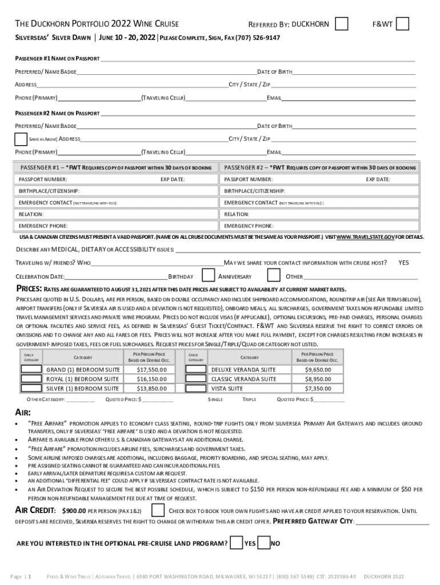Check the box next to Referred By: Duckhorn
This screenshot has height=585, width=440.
[342, 23]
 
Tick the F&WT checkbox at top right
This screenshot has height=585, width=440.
[402, 23]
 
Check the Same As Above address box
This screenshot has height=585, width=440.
[21, 139]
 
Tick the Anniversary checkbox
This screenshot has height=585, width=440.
[274, 276]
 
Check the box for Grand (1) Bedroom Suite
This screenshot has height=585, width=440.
[31, 370]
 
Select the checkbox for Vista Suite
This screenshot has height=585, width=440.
[196, 388]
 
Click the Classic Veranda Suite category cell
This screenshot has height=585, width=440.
[243, 379]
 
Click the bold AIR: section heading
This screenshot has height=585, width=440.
[22, 412]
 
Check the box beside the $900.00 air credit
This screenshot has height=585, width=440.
[157, 510]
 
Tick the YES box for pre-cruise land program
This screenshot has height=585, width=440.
[236, 543]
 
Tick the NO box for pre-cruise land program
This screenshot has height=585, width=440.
[263, 543]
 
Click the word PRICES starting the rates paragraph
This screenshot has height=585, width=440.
[28, 289]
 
